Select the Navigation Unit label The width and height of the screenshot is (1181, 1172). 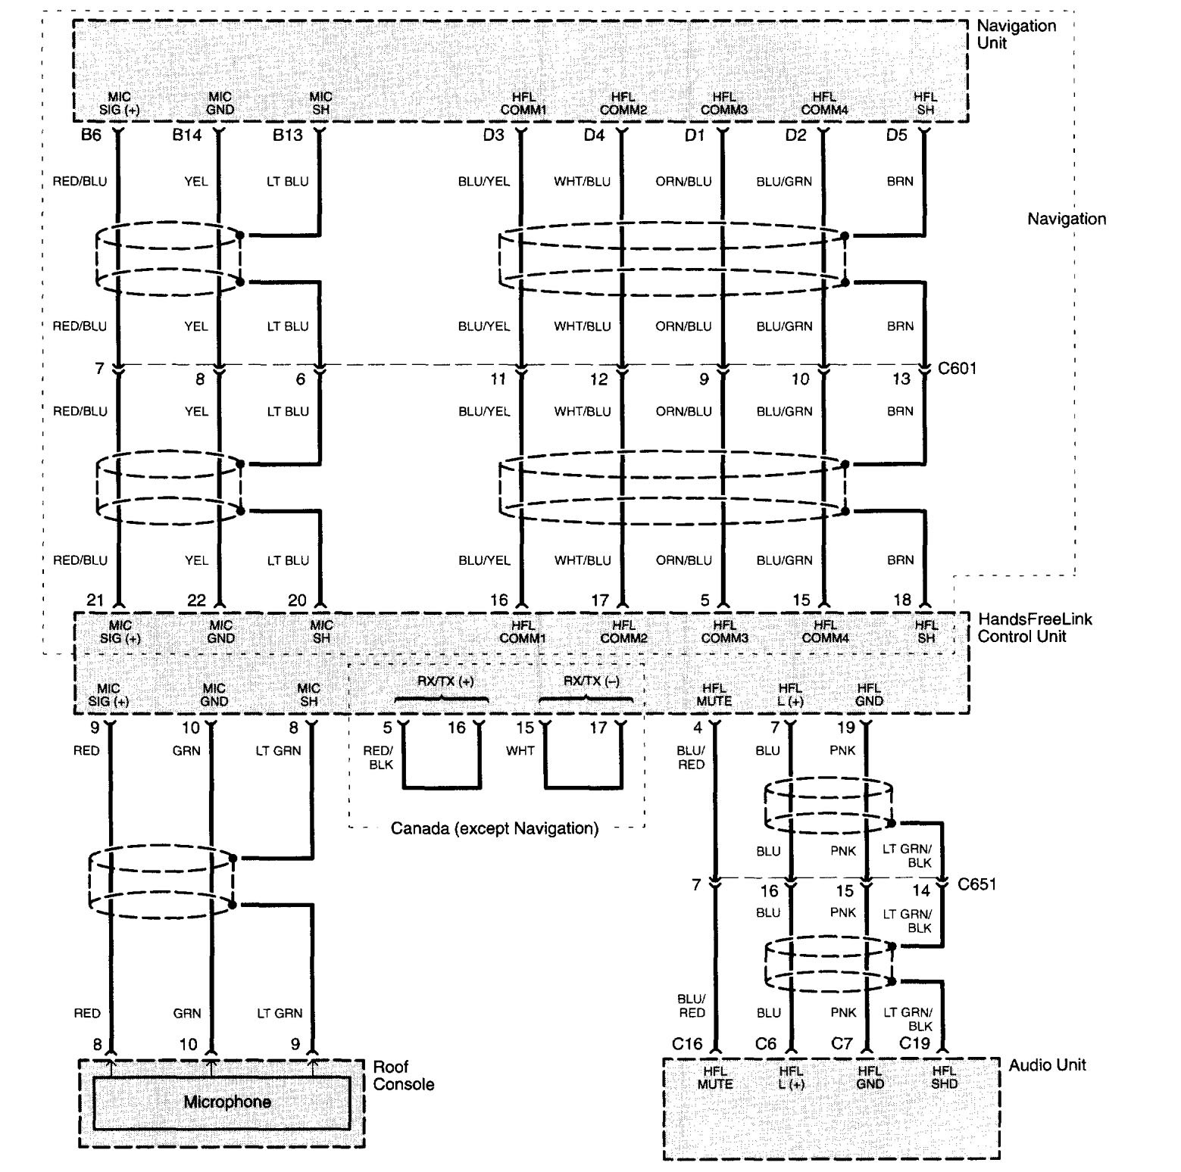(x=1016, y=34)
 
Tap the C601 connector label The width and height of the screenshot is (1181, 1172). (x=958, y=369)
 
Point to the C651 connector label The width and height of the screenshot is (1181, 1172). (x=977, y=884)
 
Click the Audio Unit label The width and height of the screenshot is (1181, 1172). (x=1047, y=1065)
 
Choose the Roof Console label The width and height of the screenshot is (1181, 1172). (x=404, y=1076)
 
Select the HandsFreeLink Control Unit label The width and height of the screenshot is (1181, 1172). (x=1035, y=628)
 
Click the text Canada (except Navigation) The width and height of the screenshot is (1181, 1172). (x=495, y=828)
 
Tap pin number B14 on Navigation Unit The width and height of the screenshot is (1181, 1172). (x=187, y=136)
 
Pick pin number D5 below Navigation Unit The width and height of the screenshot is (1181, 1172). (x=896, y=136)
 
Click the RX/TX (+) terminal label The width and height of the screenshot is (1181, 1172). (x=445, y=681)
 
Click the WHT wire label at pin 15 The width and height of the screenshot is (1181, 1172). (x=520, y=751)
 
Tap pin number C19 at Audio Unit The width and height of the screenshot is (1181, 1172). (x=914, y=1044)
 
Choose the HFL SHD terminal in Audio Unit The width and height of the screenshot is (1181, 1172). (x=944, y=1077)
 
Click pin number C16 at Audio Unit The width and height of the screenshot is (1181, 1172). (x=687, y=1044)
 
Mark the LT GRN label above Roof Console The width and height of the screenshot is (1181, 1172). (x=280, y=1013)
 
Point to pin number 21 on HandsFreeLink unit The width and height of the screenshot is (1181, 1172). (x=95, y=600)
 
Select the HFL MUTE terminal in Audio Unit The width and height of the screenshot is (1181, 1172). (x=715, y=1077)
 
